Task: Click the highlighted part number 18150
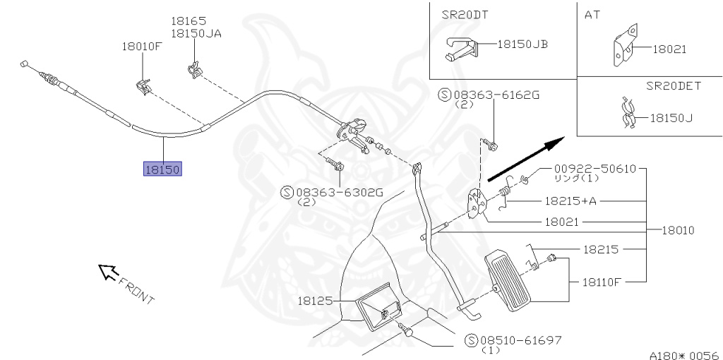tap(163, 169)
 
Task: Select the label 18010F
tap(142, 47)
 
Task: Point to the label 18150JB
tap(522, 44)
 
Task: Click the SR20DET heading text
tap(673, 85)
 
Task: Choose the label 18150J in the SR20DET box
tap(671, 118)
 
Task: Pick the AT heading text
tap(592, 14)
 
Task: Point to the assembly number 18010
tap(678, 230)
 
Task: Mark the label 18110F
tap(602, 281)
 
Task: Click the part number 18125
tap(314, 300)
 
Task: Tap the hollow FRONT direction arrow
tap(107, 271)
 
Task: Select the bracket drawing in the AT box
tap(622, 47)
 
